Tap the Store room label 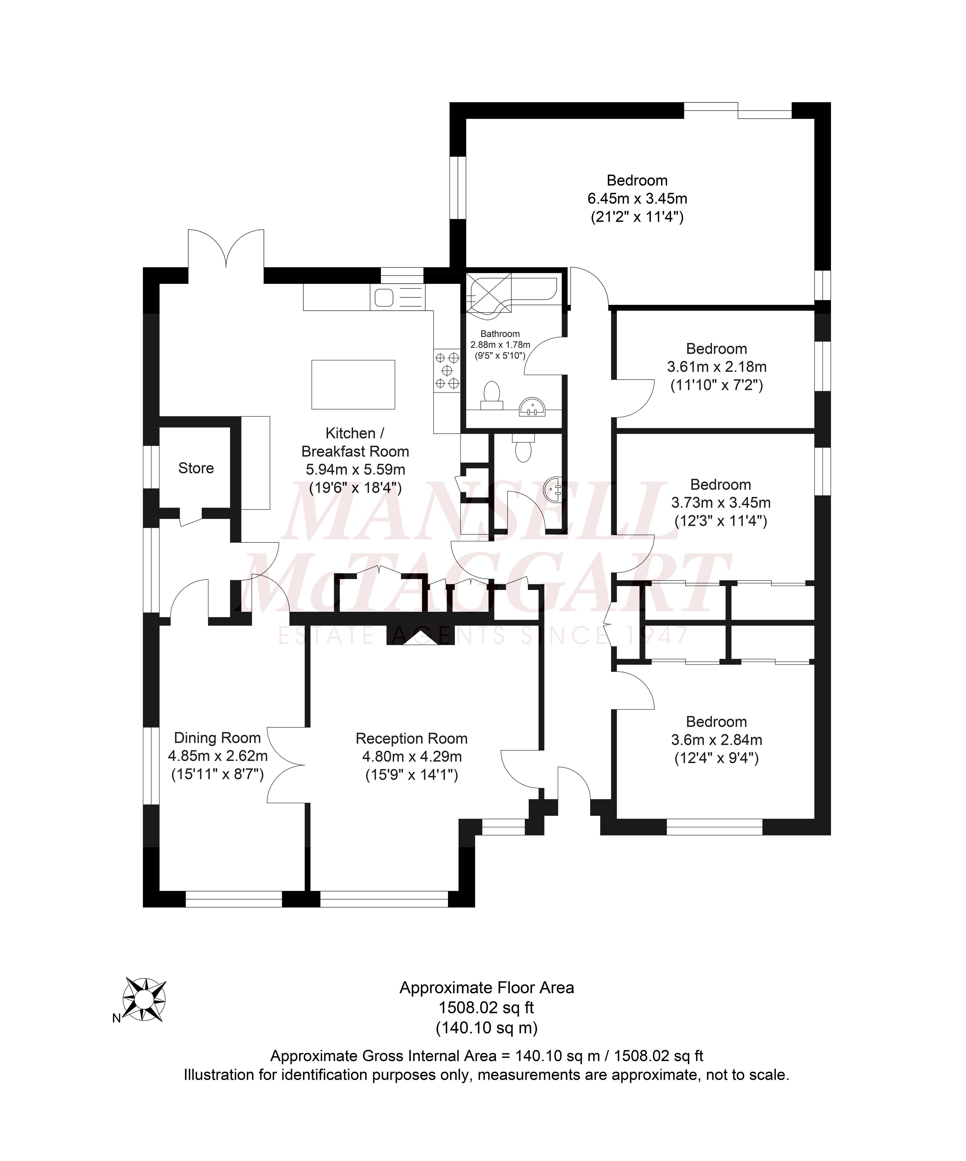[196, 468]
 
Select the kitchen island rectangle [353, 384]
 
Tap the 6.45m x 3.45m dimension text [637, 198]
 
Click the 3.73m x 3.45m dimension [720, 502]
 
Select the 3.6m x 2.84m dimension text [716, 740]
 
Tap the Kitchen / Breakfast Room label [355, 442]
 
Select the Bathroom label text [500, 334]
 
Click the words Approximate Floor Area [487, 987]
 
